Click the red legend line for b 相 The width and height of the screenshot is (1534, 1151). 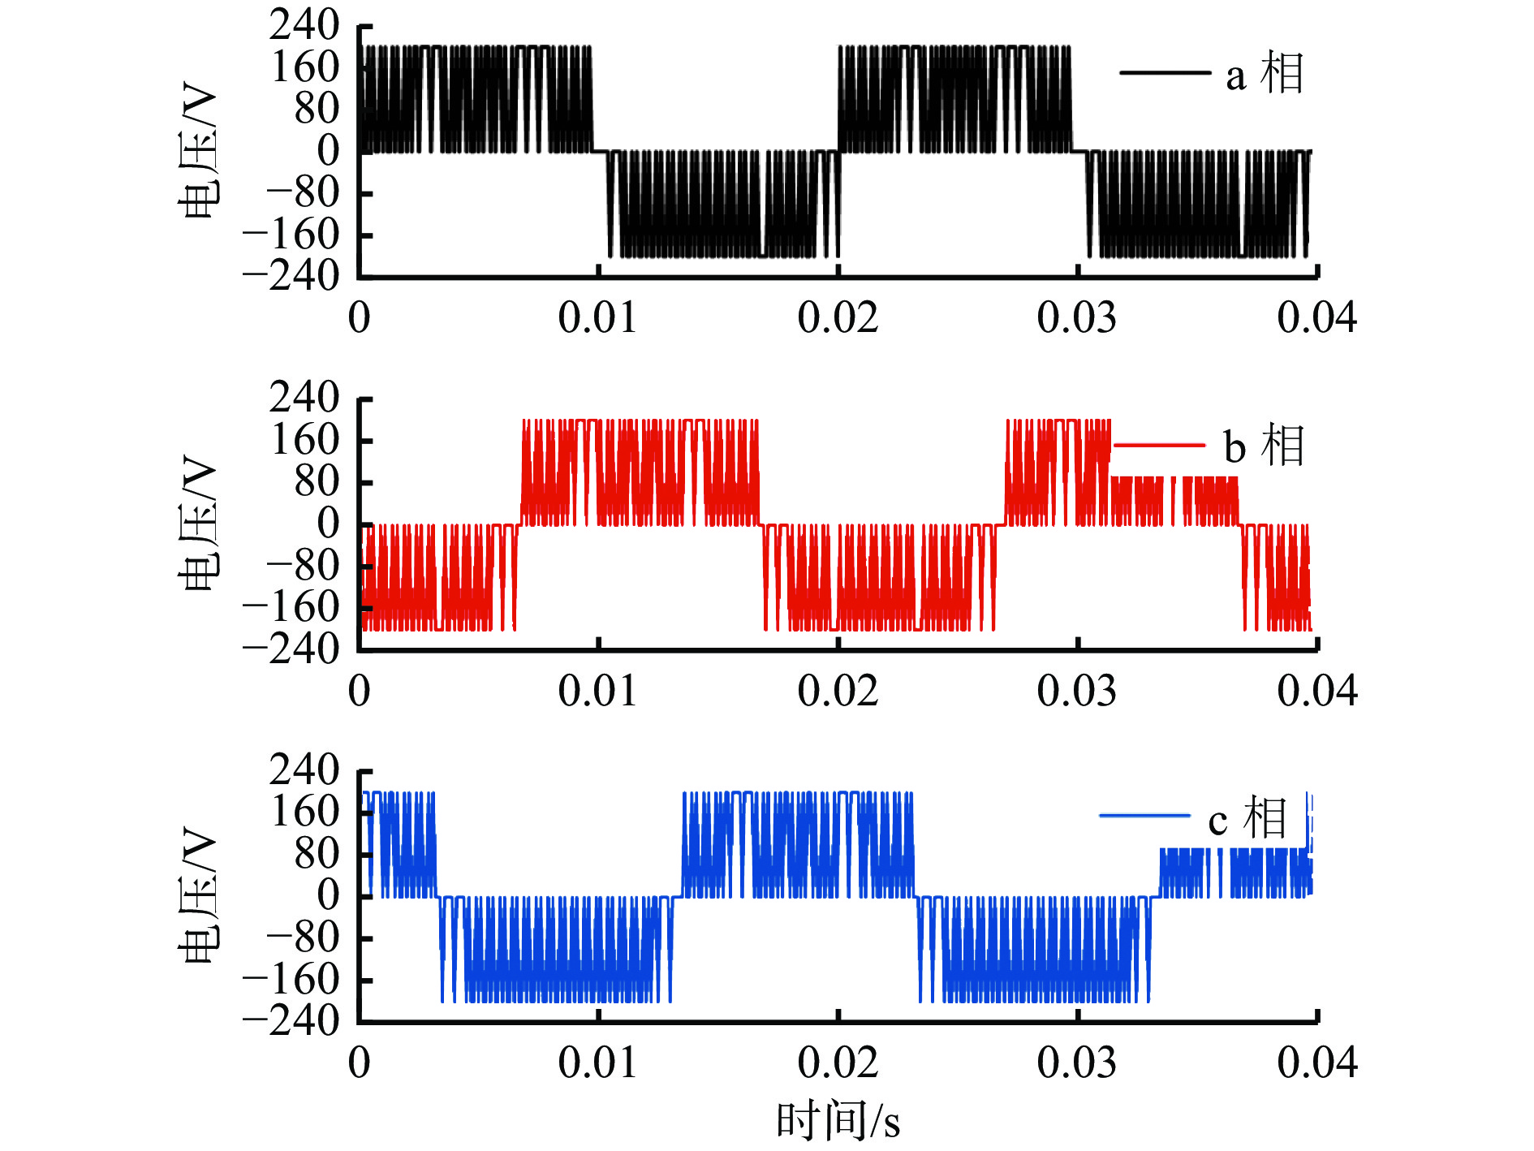pos(1159,445)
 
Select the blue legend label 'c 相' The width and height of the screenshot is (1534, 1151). pos(1247,817)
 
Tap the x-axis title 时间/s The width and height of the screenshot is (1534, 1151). pos(838,1121)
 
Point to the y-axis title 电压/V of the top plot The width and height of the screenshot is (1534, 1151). pos(197,151)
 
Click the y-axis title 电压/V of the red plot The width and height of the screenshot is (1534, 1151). pos(197,524)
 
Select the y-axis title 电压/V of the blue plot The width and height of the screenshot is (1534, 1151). pos(197,895)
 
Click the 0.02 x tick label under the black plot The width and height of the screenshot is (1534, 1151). pos(838,317)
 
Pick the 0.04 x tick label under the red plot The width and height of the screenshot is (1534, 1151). pos(1316,691)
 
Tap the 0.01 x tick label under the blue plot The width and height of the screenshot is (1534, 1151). pos(597,1063)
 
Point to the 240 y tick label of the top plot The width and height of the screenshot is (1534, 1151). pos(304,25)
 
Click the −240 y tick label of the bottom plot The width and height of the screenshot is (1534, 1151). pos(291,1020)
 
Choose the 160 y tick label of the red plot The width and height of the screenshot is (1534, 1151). pos(304,440)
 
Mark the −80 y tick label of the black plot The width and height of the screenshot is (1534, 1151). pos(303,193)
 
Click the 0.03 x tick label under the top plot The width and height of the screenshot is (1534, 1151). pos(1076,317)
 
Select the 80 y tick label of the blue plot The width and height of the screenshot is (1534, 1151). pos(317,854)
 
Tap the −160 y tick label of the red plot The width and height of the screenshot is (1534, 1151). pos(291,606)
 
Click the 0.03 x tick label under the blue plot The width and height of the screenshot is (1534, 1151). pos(1076,1063)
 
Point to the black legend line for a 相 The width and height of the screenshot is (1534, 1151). pos(1165,73)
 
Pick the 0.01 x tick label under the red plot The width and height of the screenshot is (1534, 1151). pos(597,691)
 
